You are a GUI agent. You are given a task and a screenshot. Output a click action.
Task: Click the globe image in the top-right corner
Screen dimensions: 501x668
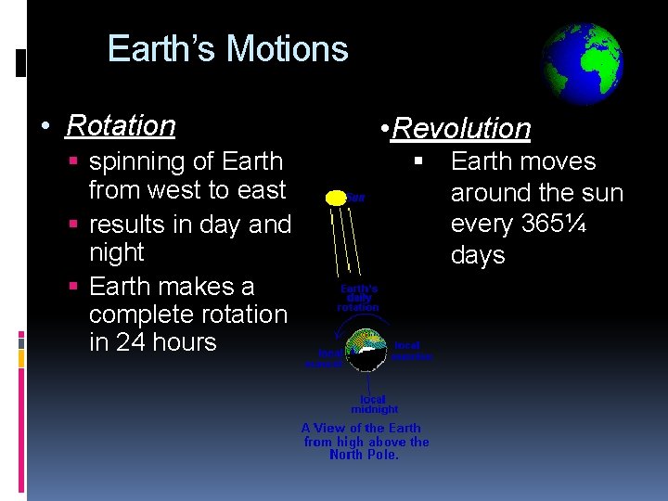pyautogui.click(x=582, y=65)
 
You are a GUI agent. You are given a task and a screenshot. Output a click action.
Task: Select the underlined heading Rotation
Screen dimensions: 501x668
pyautogui.click(x=121, y=125)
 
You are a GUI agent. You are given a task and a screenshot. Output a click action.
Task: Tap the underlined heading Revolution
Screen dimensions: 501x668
pyautogui.click(x=461, y=129)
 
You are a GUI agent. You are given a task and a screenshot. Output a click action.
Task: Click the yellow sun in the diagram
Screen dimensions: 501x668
pyautogui.click(x=336, y=198)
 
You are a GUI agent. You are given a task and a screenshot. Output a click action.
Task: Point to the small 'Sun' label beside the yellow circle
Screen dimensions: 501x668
pyautogui.click(x=356, y=198)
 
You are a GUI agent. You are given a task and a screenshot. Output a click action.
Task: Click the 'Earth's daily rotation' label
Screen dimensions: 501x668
pyautogui.click(x=357, y=297)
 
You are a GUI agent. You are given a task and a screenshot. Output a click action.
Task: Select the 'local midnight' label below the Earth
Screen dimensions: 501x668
pyautogui.click(x=374, y=405)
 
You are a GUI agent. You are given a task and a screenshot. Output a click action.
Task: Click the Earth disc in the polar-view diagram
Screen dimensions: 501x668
pyautogui.click(x=368, y=352)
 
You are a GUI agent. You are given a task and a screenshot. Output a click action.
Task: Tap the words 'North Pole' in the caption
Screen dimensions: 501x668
pyautogui.click(x=364, y=456)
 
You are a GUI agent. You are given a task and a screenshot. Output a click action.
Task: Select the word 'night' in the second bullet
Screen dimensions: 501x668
pyautogui.click(x=116, y=253)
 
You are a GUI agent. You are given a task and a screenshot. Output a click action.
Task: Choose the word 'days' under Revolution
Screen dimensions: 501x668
pyautogui.click(x=477, y=256)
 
